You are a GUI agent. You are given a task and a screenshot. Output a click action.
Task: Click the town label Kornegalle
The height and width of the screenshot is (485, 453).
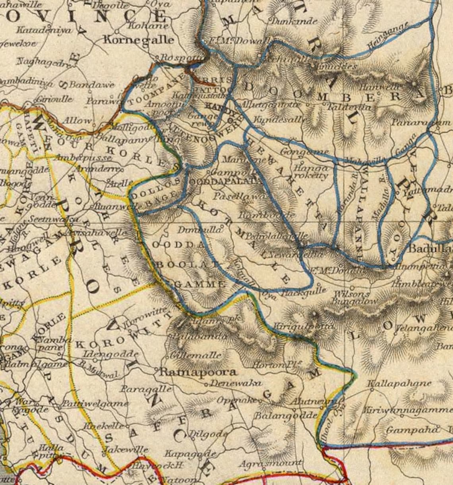click(138, 40)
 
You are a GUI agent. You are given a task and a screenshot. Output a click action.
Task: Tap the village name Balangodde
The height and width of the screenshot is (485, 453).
click(285, 416)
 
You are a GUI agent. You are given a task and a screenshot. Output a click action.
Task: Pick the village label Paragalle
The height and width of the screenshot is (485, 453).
click(147, 388)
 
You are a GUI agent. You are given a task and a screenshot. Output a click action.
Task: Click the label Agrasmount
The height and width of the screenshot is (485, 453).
click(270, 463)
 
